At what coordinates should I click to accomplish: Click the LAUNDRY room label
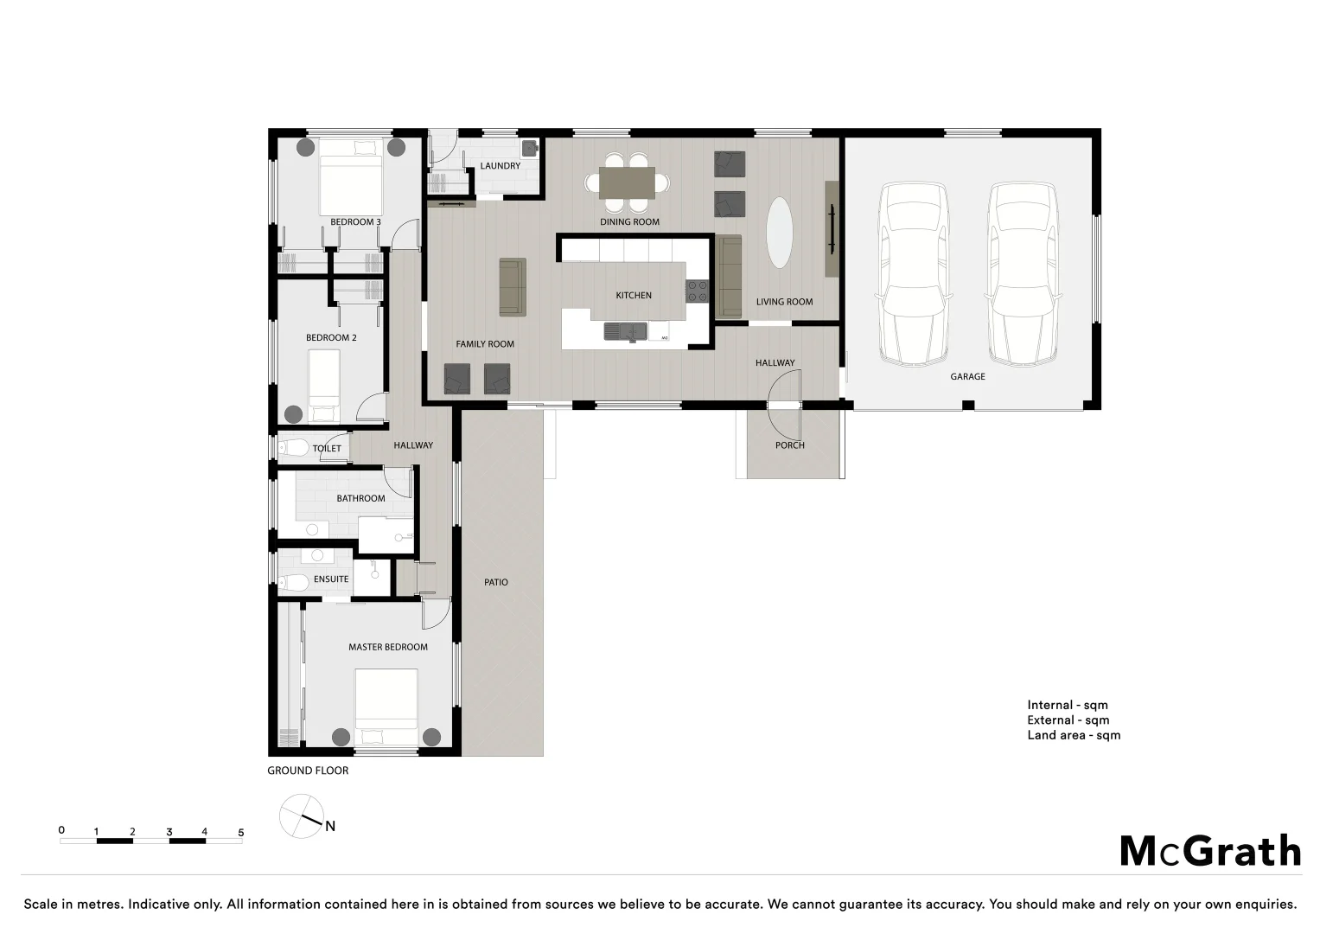tap(500, 166)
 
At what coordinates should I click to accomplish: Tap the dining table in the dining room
tap(627, 182)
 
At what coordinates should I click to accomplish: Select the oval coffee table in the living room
tap(779, 233)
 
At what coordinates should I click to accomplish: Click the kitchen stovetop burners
tap(697, 291)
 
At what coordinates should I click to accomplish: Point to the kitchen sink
tap(625, 331)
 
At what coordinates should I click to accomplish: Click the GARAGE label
tap(967, 376)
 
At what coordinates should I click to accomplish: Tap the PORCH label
tap(789, 445)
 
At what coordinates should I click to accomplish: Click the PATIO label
tap(495, 582)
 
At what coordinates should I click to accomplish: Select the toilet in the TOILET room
tap(292, 448)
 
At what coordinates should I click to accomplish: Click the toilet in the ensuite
tap(293, 583)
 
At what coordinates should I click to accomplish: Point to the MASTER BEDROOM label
tap(388, 647)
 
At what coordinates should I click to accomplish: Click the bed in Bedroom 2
tap(325, 386)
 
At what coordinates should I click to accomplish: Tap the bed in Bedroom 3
tap(351, 177)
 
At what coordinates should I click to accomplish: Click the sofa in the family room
tap(513, 287)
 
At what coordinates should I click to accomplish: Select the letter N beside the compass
tap(330, 826)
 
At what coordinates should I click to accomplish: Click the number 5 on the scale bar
tap(240, 833)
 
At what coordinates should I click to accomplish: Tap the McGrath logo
tap(1210, 851)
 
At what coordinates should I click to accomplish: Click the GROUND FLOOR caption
tap(308, 771)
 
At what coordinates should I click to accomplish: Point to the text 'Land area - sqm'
tap(1074, 735)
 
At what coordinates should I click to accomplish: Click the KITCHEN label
tap(634, 296)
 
